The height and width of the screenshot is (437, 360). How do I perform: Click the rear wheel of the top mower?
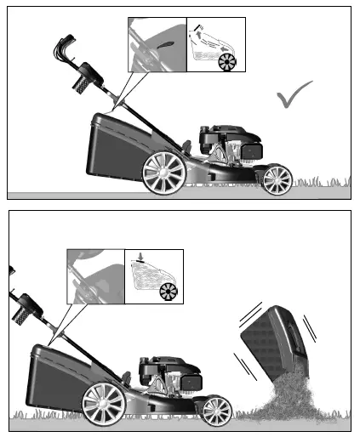pos(163,173)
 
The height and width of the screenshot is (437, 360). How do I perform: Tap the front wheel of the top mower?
pos(277,179)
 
